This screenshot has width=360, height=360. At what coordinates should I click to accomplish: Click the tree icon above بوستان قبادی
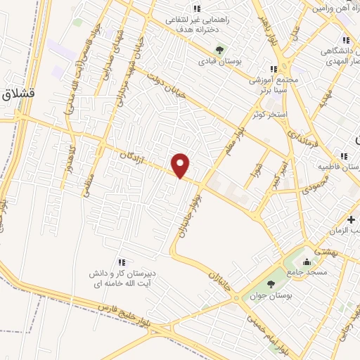219,50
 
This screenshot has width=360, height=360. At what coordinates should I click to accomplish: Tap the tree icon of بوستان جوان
271,284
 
